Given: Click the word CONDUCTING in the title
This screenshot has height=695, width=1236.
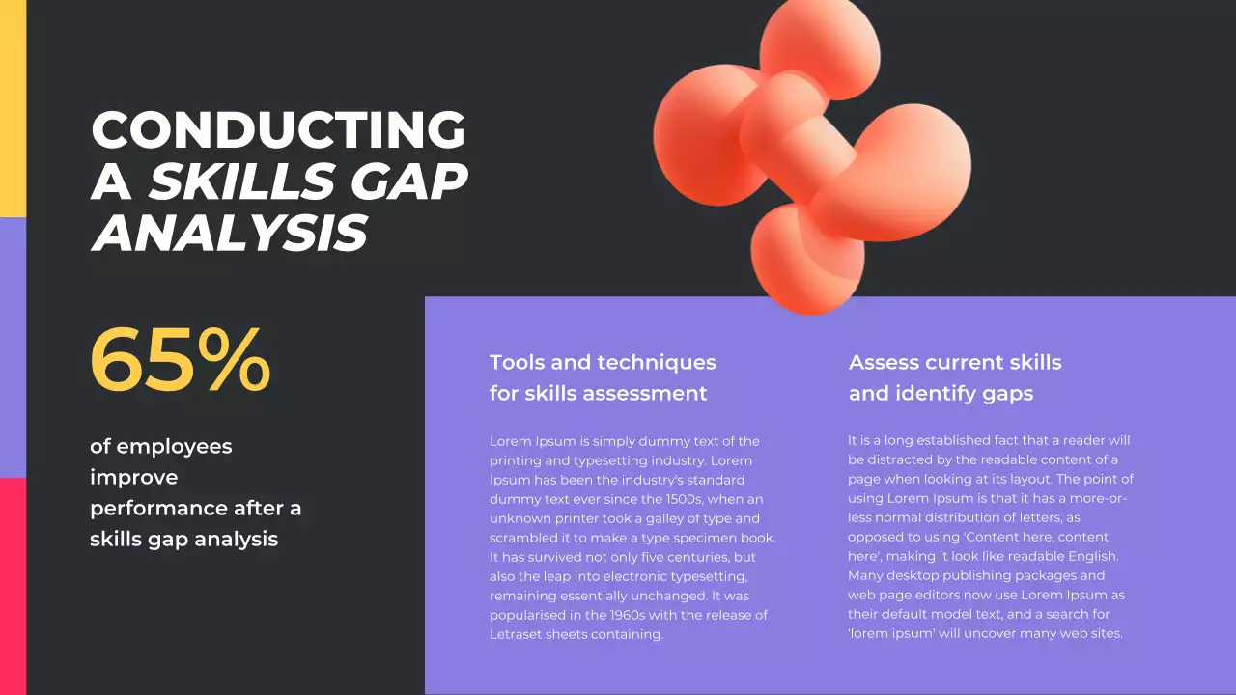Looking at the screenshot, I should [x=278, y=130].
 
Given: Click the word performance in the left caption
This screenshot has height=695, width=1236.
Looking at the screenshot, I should [x=158, y=508].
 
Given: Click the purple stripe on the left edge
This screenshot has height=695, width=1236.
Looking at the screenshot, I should [x=13, y=347].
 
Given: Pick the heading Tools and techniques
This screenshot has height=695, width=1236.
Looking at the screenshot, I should [x=603, y=363].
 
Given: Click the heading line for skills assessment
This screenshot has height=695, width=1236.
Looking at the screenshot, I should [x=598, y=394].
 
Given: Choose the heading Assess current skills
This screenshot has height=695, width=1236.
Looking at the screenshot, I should [x=955, y=363].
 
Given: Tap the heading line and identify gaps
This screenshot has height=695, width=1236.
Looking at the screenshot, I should [x=941, y=394].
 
